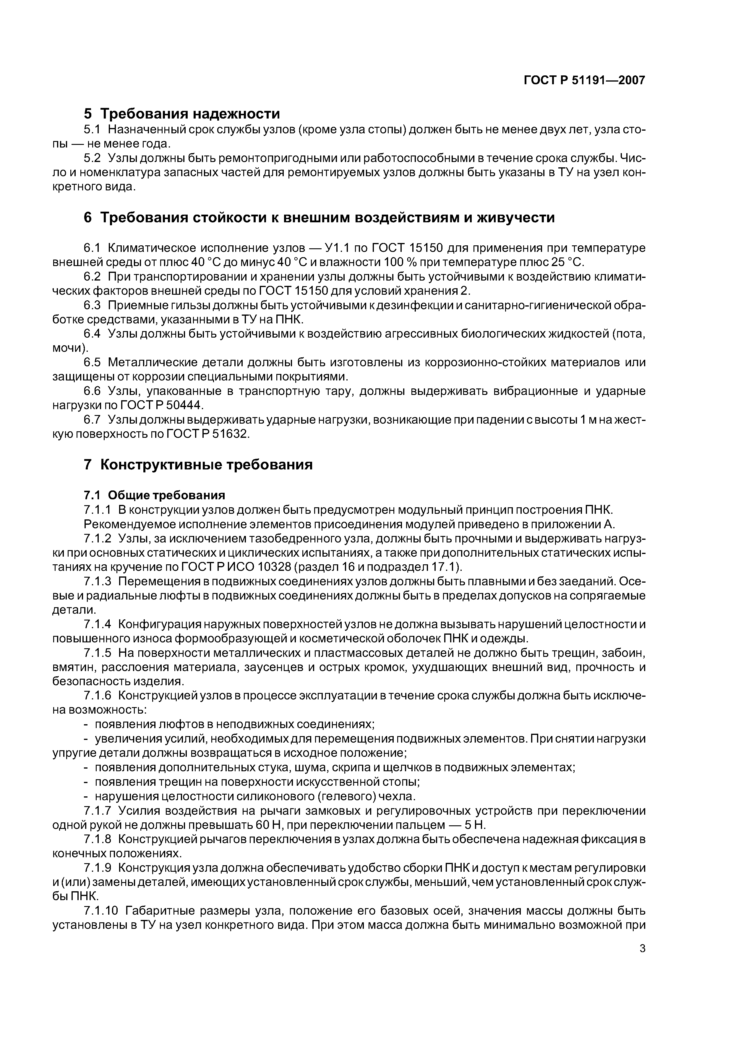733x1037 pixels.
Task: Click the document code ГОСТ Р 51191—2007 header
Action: [584, 80]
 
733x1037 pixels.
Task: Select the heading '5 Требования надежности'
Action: [182, 113]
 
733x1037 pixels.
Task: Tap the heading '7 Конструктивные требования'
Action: [198, 464]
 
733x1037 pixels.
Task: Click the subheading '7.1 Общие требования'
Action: [155, 495]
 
